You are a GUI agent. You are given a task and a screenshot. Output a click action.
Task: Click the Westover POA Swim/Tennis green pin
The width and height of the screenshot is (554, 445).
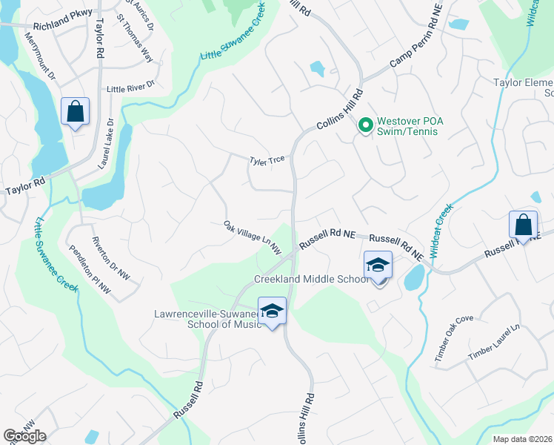[x=364, y=125]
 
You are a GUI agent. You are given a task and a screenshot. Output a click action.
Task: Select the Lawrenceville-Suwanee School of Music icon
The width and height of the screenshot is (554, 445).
[x=272, y=311]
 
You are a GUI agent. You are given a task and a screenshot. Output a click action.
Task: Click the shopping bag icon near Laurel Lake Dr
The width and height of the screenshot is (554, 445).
[x=75, y=111]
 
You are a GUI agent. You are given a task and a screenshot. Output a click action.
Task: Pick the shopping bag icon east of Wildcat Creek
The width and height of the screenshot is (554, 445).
[x=523, y=225]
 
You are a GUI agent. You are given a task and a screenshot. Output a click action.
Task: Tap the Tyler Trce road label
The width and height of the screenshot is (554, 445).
[x=267, y=159]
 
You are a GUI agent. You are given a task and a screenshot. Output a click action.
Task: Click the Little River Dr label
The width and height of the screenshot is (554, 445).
[x=130, y=88]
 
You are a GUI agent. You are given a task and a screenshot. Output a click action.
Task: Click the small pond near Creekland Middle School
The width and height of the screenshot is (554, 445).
[x=413, y=278]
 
